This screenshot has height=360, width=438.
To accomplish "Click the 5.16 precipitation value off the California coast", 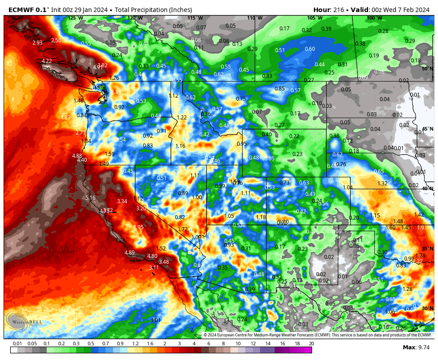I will point(90,197).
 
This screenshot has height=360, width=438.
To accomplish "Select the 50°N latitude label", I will point(427,69).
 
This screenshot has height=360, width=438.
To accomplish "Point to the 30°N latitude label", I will point(427,308).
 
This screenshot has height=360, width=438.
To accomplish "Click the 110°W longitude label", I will point(255,18).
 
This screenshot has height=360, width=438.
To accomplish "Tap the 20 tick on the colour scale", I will point(311,344).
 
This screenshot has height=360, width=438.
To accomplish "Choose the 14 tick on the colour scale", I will point(268,344).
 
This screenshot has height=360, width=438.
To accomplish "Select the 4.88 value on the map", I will point(77,156).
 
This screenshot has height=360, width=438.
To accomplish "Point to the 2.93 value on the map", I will point(37,43).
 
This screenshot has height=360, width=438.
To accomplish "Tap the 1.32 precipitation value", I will point(382,184).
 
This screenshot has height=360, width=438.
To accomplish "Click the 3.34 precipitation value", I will point(122,201).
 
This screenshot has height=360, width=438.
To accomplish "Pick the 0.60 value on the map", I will point(310,49).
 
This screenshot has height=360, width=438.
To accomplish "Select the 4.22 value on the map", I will point(47,61).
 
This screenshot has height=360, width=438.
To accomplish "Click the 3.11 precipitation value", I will point(154,268).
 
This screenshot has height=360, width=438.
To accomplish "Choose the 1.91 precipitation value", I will point(422,228).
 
